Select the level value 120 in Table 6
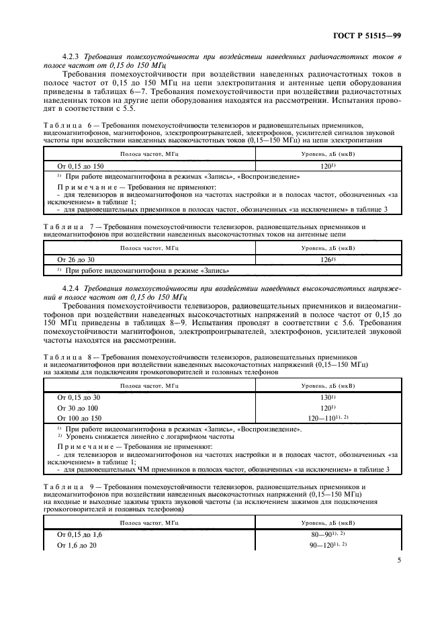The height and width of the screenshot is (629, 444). [326, 165]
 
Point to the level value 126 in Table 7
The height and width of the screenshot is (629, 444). [326, 259]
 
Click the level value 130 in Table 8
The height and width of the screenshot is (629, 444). [326, 398]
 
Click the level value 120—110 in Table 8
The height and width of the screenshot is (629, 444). [326, 418]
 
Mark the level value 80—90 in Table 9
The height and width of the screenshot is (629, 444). [326, 534]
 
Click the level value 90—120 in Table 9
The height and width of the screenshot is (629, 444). [326, 545]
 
